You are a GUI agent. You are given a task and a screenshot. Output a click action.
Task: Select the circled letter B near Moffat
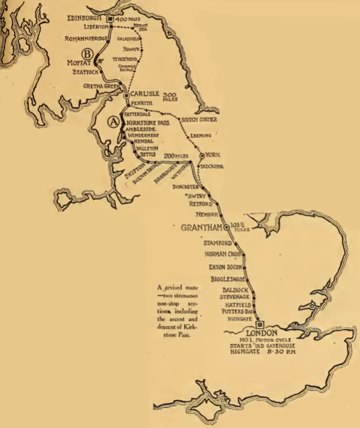[87, 54]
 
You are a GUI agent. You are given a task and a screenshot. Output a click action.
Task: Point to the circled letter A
[110, 121]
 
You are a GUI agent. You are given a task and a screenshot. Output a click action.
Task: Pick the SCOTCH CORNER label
[198, 119]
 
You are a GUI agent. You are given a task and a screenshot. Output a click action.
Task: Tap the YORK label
[214, 155]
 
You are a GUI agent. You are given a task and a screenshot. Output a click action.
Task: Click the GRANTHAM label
[200, 229]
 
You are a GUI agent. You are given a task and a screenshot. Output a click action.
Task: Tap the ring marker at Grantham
[226, 227]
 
